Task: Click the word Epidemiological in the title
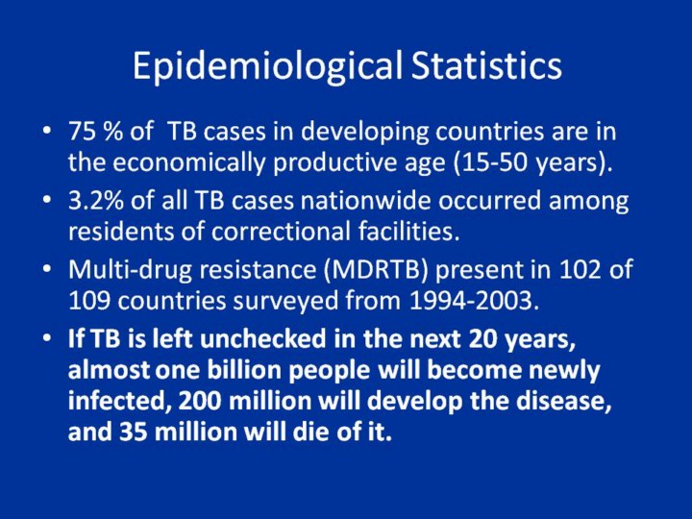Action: point(267,66)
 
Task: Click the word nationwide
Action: point(366,200)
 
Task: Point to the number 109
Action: point(89,301)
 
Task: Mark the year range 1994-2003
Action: point(475,301)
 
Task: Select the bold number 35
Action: point(133,432)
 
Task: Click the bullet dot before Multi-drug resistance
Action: point(47,269)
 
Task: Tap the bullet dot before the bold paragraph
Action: point(47,338)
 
